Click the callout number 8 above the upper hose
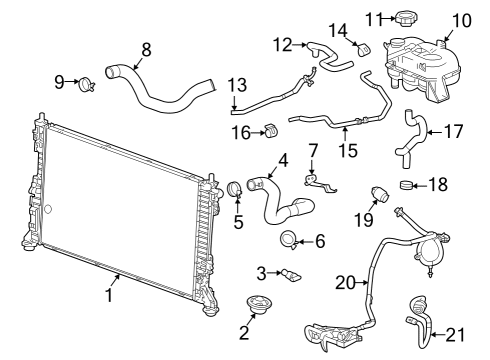[147, 47]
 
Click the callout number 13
[236, 84]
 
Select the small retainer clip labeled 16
[269, 131]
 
